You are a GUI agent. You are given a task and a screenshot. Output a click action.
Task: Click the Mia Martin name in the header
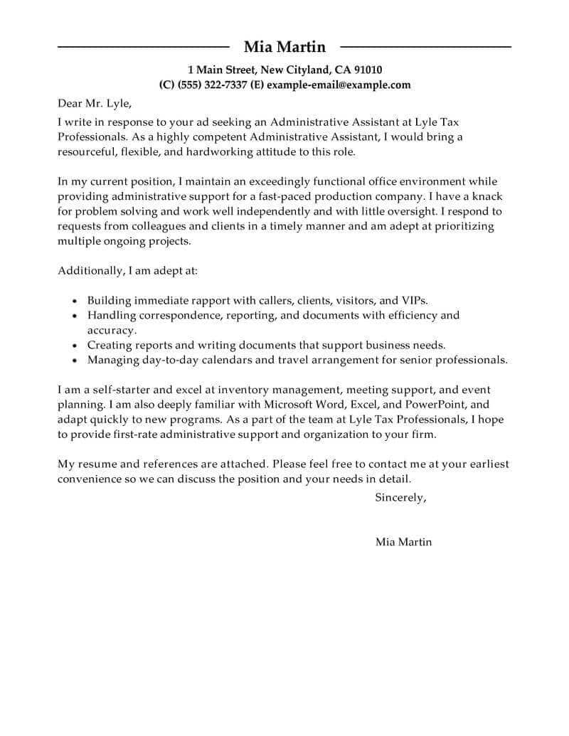click(284, 47)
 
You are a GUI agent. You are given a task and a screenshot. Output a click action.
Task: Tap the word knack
click(491, 196)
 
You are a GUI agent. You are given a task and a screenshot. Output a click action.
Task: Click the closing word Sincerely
click(400, 498)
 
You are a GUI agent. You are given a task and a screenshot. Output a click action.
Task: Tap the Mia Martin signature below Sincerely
click(403, 542)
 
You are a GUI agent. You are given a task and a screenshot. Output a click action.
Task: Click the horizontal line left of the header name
click(142, 47)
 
